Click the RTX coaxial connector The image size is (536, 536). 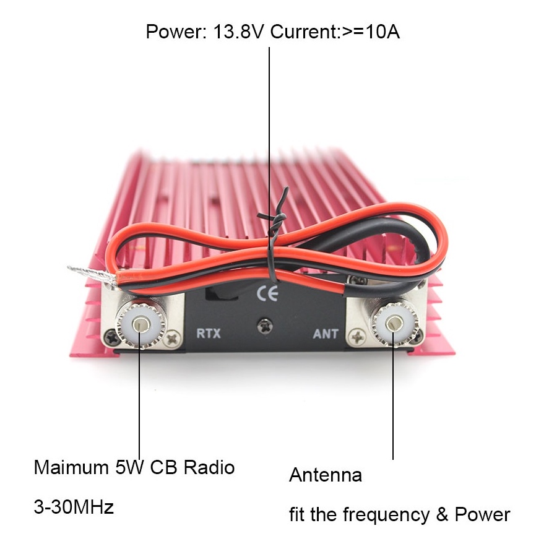click(142, 324)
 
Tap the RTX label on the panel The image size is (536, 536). click(208, 333)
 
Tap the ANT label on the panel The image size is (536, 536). click(326, 334)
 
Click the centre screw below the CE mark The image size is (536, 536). click(265, 322)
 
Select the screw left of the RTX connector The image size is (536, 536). click(110, 338)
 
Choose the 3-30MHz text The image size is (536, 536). click(74, 508)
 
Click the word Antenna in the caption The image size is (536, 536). click(326, 475)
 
